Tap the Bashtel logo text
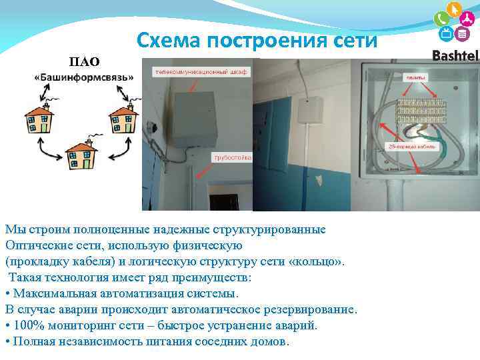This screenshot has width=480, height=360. [455, 55]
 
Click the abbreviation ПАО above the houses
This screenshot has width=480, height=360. [85, 62]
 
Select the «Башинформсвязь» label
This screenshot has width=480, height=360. [84, 77]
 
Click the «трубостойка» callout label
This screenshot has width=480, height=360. [232, 157]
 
